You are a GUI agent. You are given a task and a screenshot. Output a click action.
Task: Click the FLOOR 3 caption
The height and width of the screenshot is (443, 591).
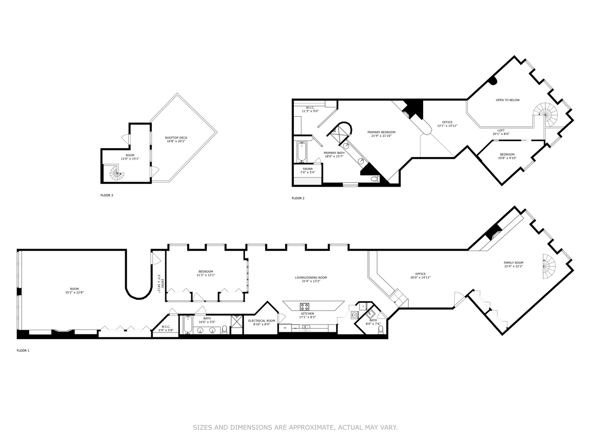[x=107, y=195]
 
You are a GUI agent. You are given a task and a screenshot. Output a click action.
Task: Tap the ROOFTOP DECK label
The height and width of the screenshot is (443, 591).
[x=176, y=138]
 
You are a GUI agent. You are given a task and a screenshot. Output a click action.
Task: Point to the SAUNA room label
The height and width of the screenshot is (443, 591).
[x=307, y=169]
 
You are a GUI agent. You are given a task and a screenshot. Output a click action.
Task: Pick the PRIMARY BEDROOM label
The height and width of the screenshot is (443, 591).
[x=381, y=132]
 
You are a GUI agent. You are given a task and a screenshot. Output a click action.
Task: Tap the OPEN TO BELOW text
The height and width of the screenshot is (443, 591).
[x=507, y=100]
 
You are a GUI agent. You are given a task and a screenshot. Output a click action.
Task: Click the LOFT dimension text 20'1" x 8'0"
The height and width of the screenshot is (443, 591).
[x=501, y=134]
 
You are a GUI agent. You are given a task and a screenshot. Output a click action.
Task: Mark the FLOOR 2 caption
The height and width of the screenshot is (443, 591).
[x=298, y=199]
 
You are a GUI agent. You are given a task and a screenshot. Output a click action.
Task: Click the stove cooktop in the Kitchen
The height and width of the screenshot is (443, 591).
[x=305, y=306]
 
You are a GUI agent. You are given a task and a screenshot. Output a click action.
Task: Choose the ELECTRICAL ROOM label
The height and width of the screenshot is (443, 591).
[x=261, y=321]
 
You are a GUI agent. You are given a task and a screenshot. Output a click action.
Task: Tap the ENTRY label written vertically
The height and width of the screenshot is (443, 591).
[x=163, y=283]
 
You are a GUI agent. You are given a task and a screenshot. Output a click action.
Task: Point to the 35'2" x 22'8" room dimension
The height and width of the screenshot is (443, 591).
[x=74, y=292]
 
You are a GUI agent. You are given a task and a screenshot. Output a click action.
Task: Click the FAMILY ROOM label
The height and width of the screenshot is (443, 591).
[x=513, y=263]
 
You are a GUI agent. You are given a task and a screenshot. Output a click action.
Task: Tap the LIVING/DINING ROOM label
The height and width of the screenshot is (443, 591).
[x=311, y=278]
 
